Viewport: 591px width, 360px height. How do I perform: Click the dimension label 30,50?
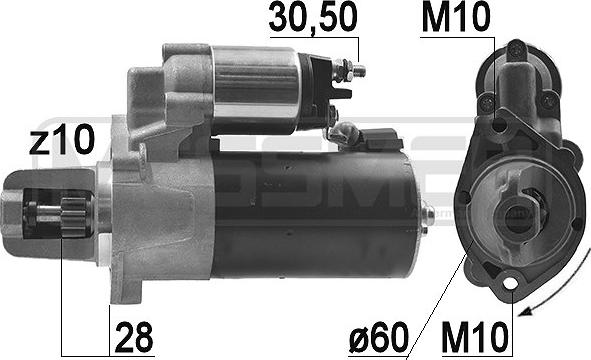point(312,18)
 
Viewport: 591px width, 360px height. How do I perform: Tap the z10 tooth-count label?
point(61,140)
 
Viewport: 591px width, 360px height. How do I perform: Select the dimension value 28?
point(134,337)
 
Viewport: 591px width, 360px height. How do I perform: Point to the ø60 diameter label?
point(379,337)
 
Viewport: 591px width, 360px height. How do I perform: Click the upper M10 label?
point(456,18)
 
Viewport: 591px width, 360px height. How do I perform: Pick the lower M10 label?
point(475,337)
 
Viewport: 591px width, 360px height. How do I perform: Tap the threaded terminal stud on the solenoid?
point(354,70)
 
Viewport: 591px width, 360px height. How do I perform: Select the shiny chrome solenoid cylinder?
point(254,90)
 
